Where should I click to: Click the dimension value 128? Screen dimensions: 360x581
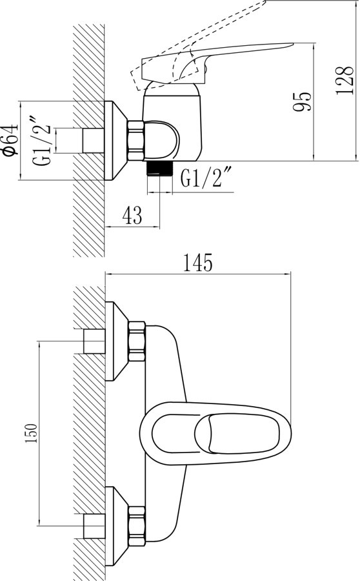pos(344,81)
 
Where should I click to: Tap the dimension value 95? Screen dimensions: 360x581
pos(302,101)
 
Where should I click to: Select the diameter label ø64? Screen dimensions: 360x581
pos(10,140)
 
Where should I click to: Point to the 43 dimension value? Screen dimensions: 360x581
pos(132,215)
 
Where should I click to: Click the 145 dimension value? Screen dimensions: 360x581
pos(198,262)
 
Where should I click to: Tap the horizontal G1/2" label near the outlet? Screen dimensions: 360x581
pos(206,177)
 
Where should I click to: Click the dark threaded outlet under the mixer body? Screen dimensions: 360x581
pos(159,168)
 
